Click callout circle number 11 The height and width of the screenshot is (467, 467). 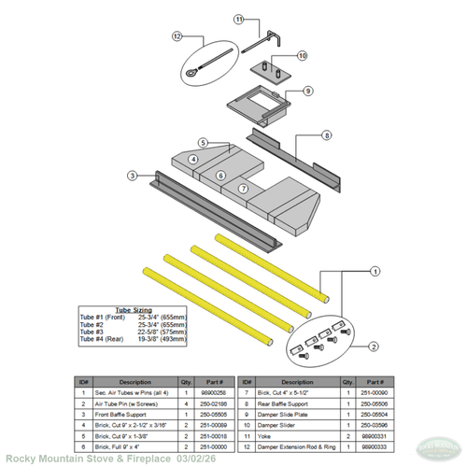point(239,19)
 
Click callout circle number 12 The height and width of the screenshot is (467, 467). point(177,36)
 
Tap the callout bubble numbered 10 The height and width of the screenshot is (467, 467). point(302,56)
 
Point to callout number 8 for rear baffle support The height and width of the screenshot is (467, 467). point(326,135)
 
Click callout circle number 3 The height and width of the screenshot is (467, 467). point(134,175)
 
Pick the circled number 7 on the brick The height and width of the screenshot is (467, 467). point(241,188)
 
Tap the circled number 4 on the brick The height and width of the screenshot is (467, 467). point(192,160)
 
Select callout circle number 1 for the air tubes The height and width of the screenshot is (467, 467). point(375,270)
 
